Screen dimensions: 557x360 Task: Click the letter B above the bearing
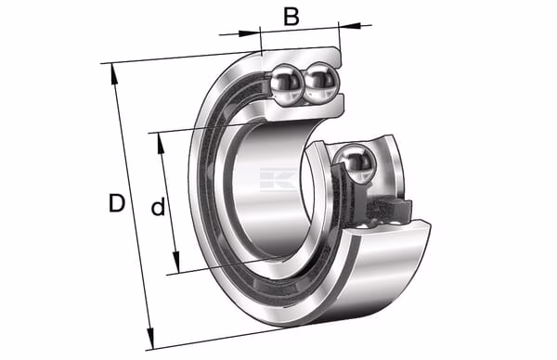tap(291, 17)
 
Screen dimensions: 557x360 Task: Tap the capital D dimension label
tap(117, 202)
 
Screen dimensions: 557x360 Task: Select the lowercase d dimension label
tap(158, 206)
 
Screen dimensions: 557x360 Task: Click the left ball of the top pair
tap(286, 84)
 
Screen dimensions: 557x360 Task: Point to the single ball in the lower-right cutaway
tap(355, 163)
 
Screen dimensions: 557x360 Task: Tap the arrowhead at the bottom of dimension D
tap(151, 339)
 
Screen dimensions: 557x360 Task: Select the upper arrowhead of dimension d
tap(161, 144)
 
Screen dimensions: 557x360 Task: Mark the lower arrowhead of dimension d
tap(175, 262)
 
